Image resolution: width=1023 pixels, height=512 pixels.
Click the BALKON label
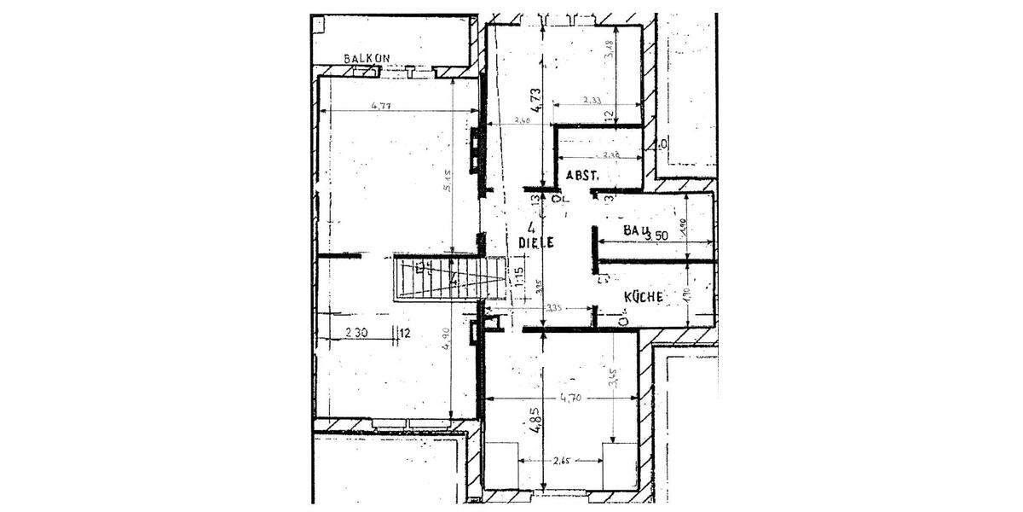click(367, 58)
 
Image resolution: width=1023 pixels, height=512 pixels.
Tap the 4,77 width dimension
click(381, 106)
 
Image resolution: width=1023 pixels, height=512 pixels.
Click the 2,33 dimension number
click(592, 100)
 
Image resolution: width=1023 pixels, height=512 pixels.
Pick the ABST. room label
click(583, 175)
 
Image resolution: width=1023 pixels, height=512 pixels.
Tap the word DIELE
click(537, 242)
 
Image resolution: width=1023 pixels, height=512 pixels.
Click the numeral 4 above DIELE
click(531, 227)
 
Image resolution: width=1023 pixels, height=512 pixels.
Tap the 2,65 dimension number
click(561, 462)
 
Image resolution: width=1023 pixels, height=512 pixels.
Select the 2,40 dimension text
click(522, 122)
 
